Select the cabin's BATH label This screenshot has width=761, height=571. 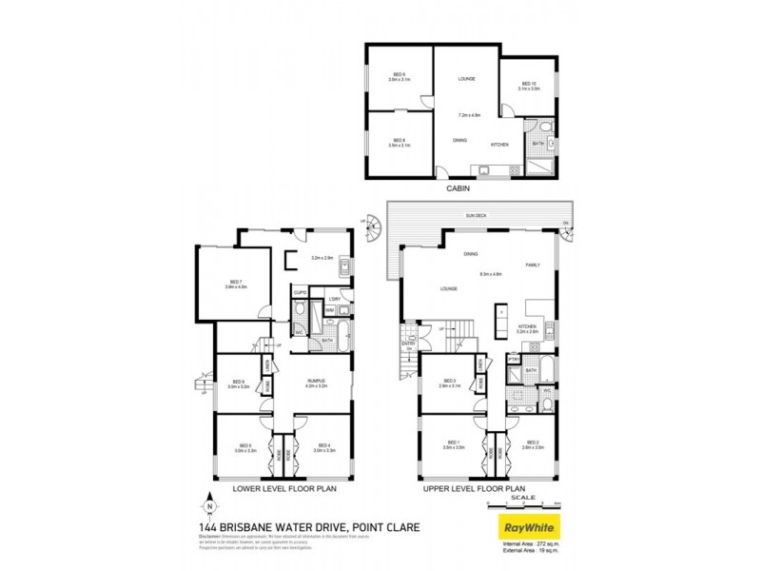tap(537, 144)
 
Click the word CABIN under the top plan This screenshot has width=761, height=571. tap(460, 188)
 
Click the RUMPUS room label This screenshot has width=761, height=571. tap(315, 384)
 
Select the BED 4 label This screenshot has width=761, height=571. tap(323, 445)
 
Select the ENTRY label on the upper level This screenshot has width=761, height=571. tap(408, 344)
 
